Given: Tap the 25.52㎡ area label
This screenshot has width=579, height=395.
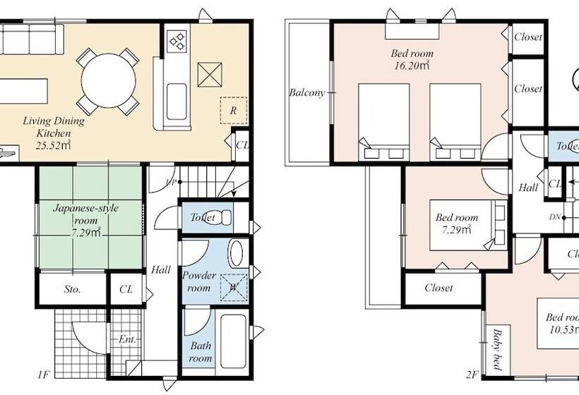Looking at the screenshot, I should (54, 146).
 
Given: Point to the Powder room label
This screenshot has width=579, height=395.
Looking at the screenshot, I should (199, 281).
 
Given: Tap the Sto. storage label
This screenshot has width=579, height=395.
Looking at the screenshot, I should (72, 289).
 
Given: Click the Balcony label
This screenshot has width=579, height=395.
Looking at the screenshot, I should (306, 92).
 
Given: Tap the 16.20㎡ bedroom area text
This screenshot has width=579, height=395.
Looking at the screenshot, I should (412, 66).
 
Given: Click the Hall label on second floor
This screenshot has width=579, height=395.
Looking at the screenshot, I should (527, 188).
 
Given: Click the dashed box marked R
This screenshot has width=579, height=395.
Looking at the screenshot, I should (232, 111).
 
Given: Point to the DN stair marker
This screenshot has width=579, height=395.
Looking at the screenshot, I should (556, 217).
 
